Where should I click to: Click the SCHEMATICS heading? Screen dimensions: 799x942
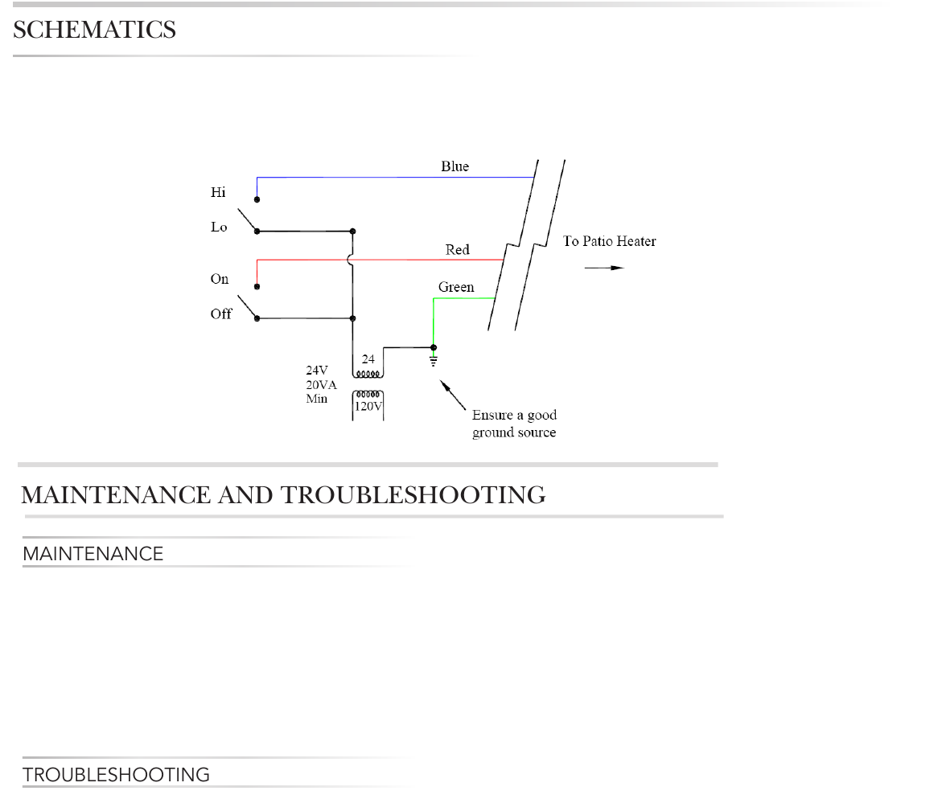(x=94, y=31)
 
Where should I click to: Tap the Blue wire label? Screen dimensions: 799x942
(x=455, y=166)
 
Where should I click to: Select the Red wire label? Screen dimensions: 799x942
(x=457, y=250)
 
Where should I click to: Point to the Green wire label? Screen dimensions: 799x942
(x=456, y=287)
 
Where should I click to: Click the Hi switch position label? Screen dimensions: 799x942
(x=218, y=193)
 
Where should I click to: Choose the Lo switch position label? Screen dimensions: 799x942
(x=219, y=227)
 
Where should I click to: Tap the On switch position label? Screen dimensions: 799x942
(x=220, y=279)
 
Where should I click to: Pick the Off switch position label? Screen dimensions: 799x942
(x=221, y=314)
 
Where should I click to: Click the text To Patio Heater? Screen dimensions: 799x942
(x=609, y=241)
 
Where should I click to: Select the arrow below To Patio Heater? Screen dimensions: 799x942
(x=603, y=267)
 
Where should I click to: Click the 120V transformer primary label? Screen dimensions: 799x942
(x=368, y=407)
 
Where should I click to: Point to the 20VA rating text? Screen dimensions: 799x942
(x=321, y=385)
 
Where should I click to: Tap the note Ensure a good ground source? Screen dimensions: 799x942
(x=514, y=424)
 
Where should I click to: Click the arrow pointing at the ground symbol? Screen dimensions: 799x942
(x=453, y=395)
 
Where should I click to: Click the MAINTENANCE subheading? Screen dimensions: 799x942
(x=93, y=554)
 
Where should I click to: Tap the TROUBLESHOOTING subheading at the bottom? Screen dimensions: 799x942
(x=116, y=775)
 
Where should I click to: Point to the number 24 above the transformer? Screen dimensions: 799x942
(x=368, y=359)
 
